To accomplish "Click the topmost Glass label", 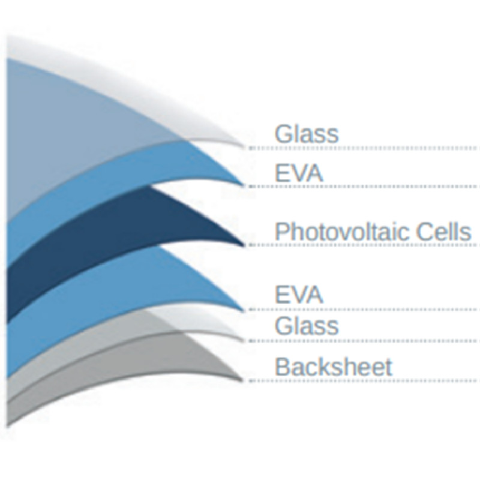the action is coord(307,133).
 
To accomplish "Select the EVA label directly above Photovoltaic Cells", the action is coord(299,173).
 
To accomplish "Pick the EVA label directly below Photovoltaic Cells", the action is coord(299,295).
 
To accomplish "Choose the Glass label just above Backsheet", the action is coord(307,325).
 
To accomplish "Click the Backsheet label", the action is coord(334,367).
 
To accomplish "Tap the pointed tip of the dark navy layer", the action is coord(245,245).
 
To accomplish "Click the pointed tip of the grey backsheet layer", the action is coord(243,380).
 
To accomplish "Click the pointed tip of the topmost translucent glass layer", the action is coord(244,146).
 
